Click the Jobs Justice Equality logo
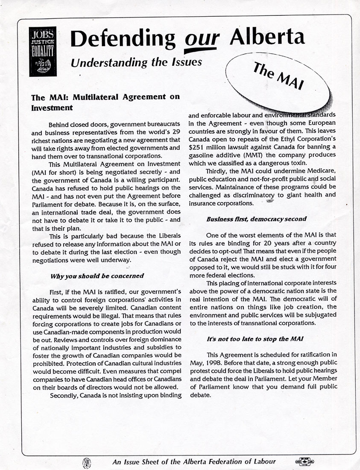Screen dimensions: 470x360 click(x=43, y=51)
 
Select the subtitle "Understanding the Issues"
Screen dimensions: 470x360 click(x=136, y=62)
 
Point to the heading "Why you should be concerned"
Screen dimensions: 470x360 click(x=97, y=276)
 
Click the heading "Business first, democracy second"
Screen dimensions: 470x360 click(x=256, y=219)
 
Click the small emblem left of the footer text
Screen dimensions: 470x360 click(x=86, y=462)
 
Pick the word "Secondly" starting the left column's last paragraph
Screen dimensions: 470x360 click(x=64, y=395)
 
